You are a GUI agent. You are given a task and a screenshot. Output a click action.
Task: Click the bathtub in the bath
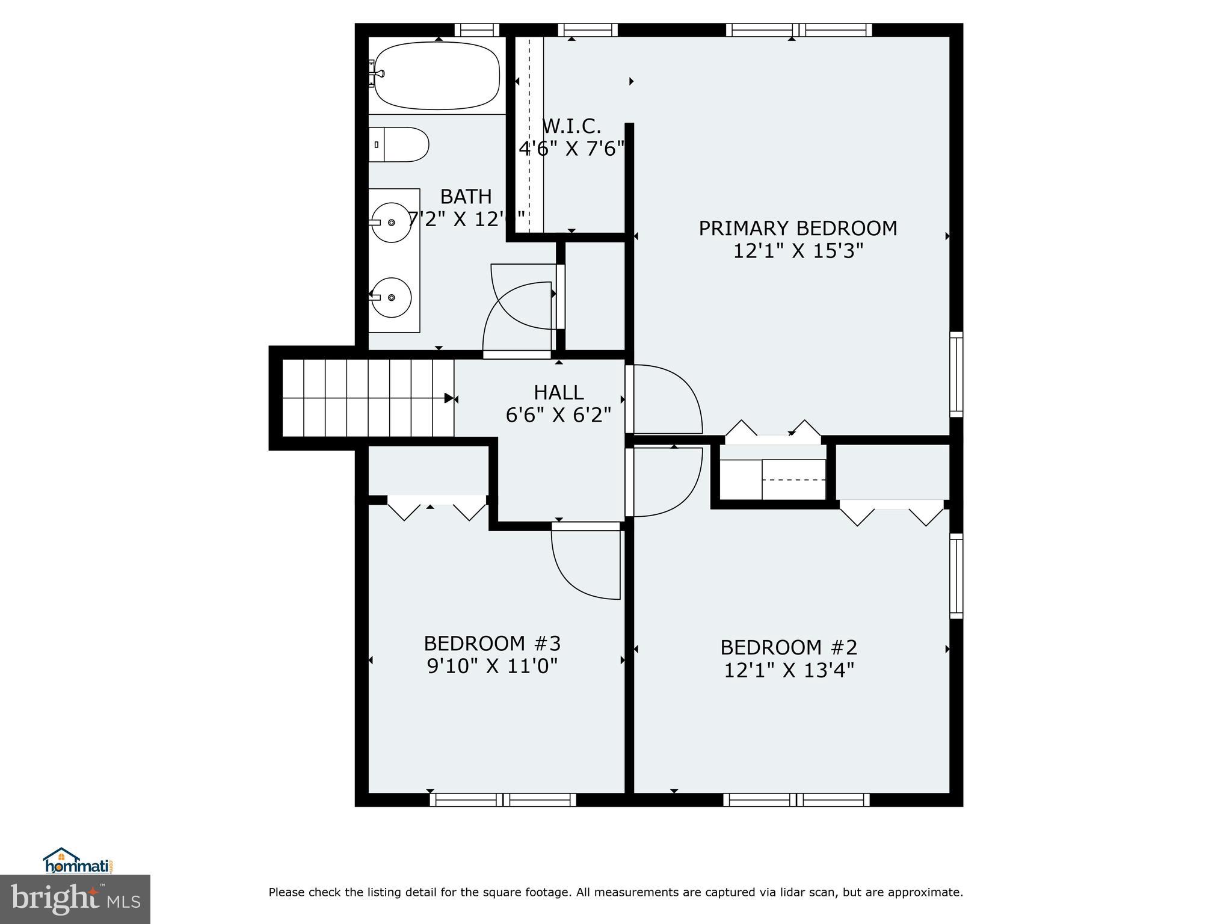pyautogui.click(x=437, y=76)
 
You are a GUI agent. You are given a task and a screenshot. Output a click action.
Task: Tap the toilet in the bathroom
pyautogui.click(x=399, y=144)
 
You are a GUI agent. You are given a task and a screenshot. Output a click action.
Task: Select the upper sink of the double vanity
pyautogui.click(x=392, y=223)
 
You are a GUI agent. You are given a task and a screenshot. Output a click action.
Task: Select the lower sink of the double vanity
pyautogui.click(x=392, y=297)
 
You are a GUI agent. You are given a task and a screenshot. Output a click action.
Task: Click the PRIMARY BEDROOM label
pyautogui.click(x=798, y=229)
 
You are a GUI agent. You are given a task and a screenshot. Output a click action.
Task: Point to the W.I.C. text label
pyautogui.click(x=571, y=127)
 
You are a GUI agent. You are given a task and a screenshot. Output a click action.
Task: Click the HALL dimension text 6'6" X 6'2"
pyautogui.click(x=558, y=415)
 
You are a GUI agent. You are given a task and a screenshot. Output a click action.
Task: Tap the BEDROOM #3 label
pyautogui.click(x=492, y=644)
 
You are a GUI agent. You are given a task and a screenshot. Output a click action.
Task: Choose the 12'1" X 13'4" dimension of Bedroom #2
pyautogui.click(x=789, y=670)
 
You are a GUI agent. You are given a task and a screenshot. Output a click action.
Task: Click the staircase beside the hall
pyautogui.click(x=367, y=398)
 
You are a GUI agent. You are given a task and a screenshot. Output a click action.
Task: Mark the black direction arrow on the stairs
pyautogui.click(x=449, y=398)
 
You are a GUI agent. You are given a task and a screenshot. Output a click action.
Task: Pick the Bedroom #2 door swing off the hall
pyautogui.click(x=665, y=481)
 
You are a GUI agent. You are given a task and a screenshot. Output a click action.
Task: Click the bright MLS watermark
pyautogui.click(x=75, y=899)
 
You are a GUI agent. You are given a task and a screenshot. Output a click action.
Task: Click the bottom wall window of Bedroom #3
pyautogui.click(x=503, y=799)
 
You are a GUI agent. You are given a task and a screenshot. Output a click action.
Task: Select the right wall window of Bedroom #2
pyautogui.click(x=956, y=576)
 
